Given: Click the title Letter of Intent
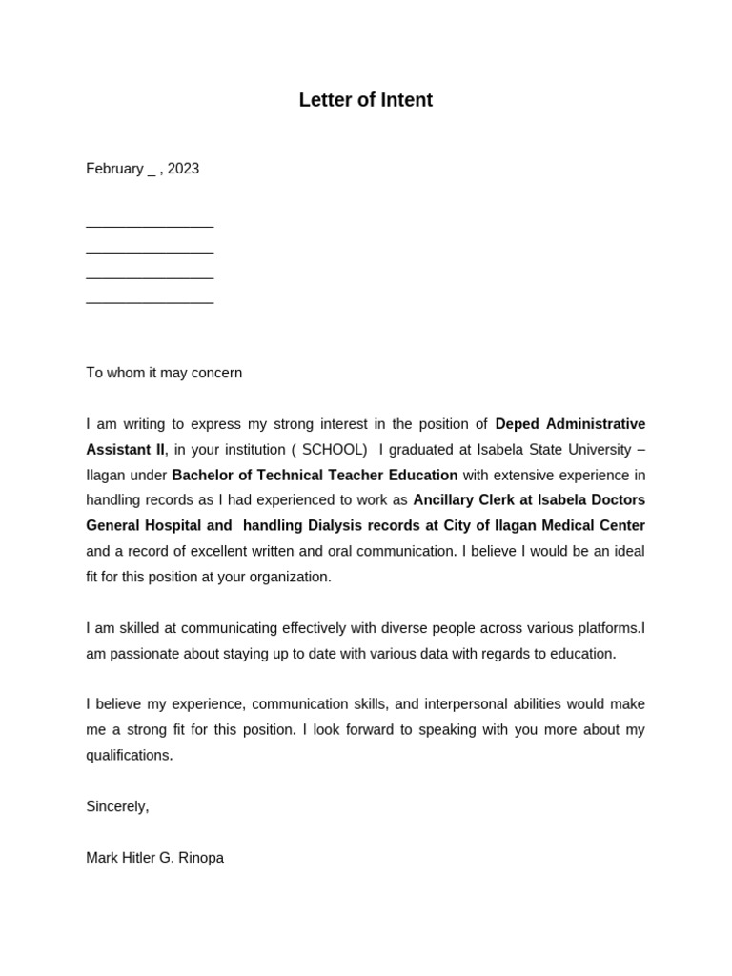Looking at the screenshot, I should click(x=365, y=100).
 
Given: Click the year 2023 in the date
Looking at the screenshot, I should click(x=183, y=169).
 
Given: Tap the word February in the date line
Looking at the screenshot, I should click(x=114, y=169).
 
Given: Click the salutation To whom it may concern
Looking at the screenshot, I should click(x=164, y=373).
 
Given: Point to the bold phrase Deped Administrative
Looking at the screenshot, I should click(x=570, y=424).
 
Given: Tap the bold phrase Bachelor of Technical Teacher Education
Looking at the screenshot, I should click(x=315, y=475).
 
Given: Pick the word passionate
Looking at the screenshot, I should click(x=144, y=654).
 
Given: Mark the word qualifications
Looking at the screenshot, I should click(x=129, y=755).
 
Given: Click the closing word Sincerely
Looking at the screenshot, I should click(x=116, y=806).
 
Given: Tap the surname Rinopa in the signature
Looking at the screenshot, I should click(x=201, y=858).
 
